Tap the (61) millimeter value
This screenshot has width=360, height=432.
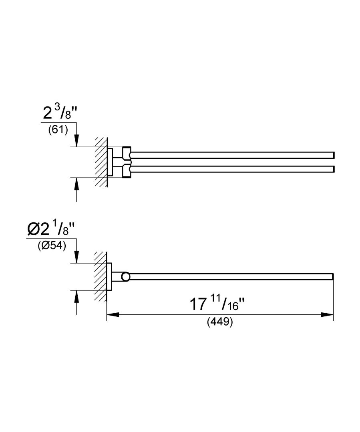[58, 130]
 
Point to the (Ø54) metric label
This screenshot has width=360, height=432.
[52, 246]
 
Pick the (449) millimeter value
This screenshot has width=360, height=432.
[220, 322]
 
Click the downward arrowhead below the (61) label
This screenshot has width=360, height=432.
[77, 141]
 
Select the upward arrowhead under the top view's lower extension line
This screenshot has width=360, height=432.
[77, 184]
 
